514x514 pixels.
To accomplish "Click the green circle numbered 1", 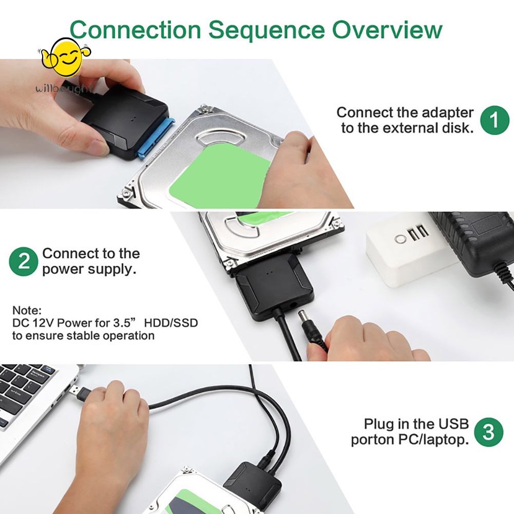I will (x=494, y=120).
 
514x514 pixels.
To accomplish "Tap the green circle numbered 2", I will (x=24, y=261).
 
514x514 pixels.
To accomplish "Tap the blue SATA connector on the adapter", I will (x=157, y=139).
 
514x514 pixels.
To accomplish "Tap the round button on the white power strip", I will (x=400, y=239).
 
